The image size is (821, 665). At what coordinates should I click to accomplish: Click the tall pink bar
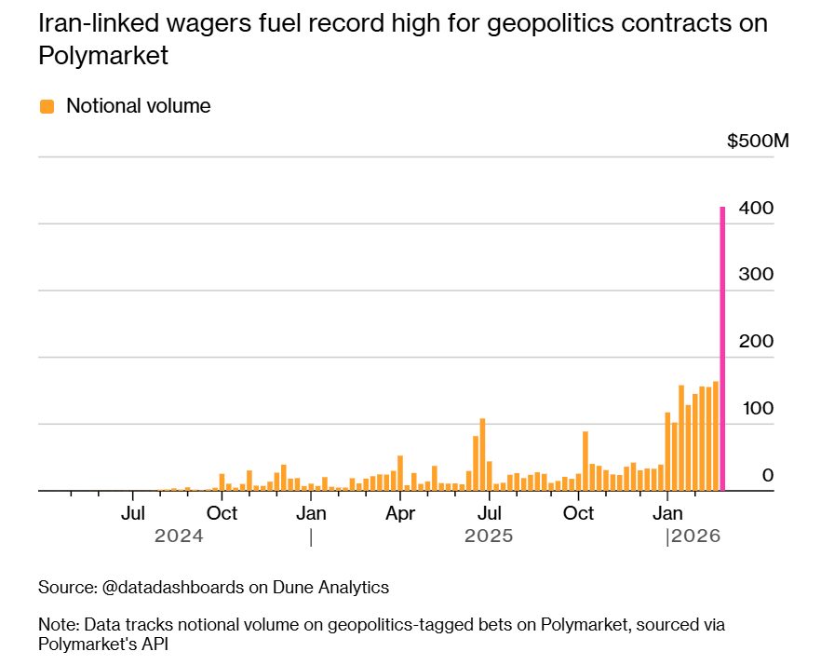click(x=722, y=349)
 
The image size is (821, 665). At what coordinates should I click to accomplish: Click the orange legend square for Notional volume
click(x=47, y=106)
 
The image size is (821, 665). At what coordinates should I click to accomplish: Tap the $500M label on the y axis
click(x=758, y=142)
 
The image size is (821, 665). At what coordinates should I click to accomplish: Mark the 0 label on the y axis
click(x=768, y=475)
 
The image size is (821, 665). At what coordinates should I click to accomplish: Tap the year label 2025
click(x=489, y=536)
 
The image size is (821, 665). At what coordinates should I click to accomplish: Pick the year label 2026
click(x=696, y=536)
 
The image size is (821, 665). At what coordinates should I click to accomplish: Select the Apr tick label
click(x=400, y=513)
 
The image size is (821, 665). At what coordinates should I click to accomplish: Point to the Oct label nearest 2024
click(x=222, y=513)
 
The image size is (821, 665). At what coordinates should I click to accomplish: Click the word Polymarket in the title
click(x=103, y=56)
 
